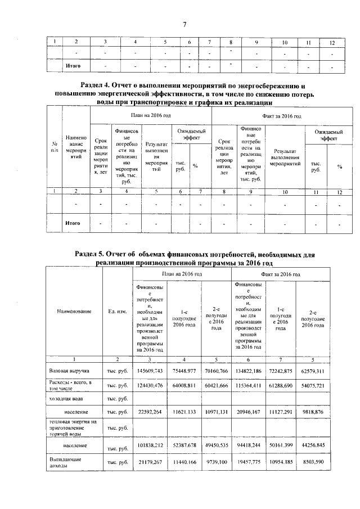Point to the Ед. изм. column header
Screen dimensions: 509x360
tap(117, 311)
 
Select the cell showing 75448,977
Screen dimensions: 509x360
tap(184, 371)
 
